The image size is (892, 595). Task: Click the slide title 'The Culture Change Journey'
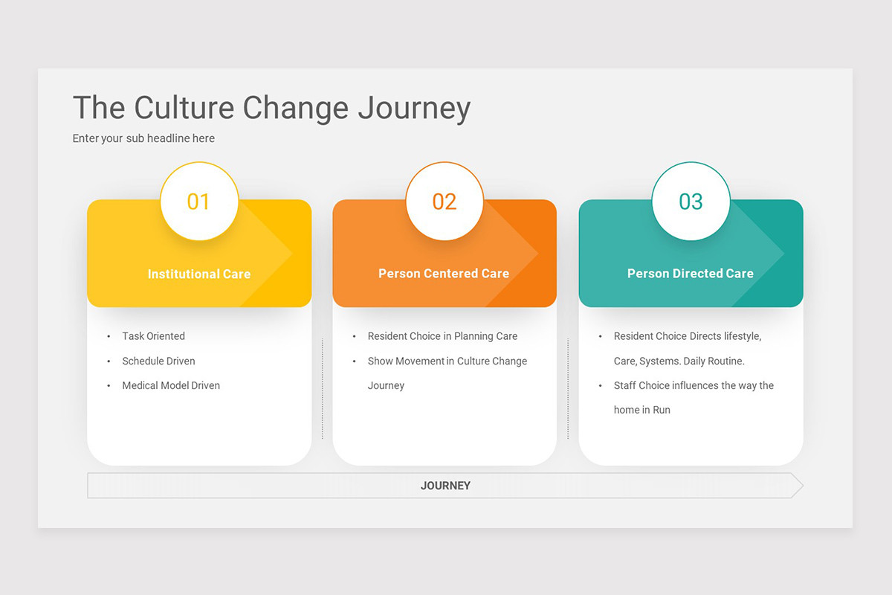click(x=271, y=108)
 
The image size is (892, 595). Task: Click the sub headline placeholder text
click(x=143, y=138)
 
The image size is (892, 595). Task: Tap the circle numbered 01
click(x=198, y=202)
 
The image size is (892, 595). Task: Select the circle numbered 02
click(x=445, y=202)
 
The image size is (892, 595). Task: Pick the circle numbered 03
click(x=691, y=202)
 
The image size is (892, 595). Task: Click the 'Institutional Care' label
click(x=198, y=274)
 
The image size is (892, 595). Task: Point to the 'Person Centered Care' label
click(x=444, y=274)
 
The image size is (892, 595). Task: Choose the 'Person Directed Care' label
click(x=690, y=274)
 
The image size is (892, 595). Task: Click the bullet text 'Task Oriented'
click(x=153, y=336)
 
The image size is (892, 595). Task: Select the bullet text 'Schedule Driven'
click(x=158, y=361)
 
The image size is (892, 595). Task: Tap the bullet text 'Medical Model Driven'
click(x=171, y=385)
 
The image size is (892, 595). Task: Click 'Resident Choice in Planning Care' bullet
click(x=442, y=336)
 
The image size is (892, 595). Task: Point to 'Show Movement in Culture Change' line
click(x=447, y=361)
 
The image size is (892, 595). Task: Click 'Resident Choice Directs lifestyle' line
click(x=687, y=336)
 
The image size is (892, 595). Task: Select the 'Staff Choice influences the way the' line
click(x=694, y=385)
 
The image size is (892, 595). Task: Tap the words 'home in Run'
click(x=641, y=410)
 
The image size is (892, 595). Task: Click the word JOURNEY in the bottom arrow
click(x=445, y=486)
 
